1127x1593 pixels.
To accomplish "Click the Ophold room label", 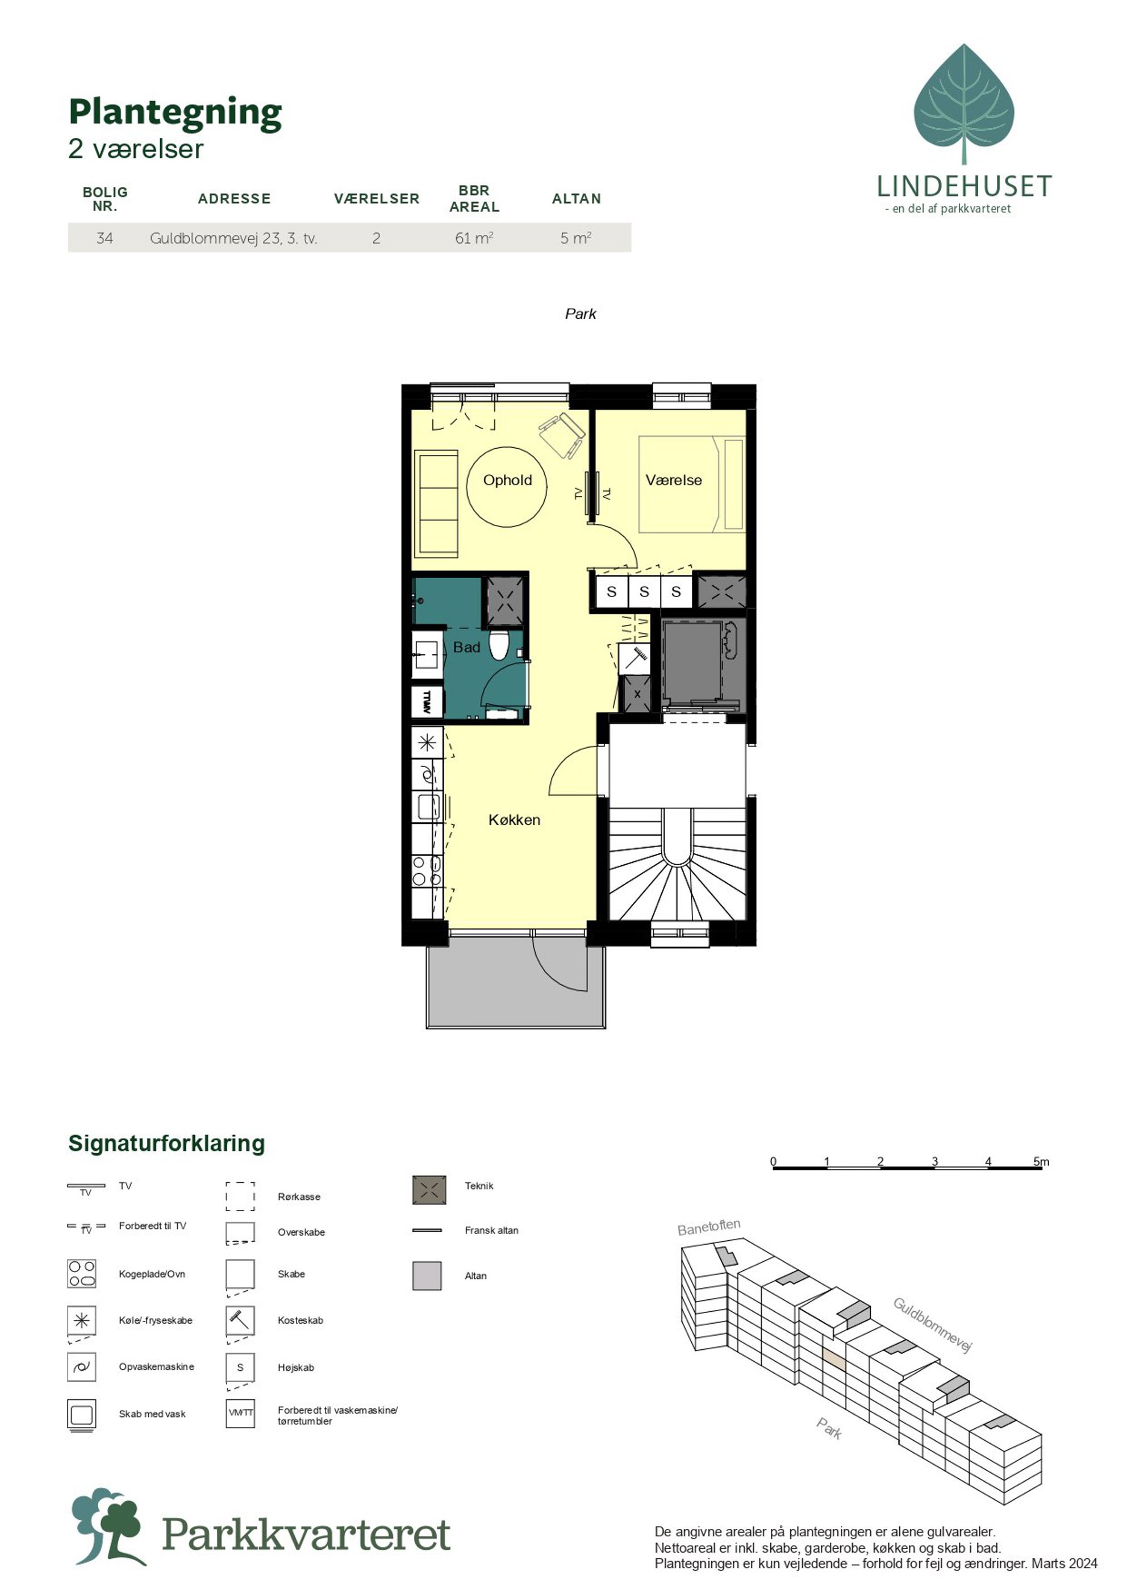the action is point(507,480).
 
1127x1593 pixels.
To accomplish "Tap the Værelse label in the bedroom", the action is point(673,480).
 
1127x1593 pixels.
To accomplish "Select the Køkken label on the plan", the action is point(514,820).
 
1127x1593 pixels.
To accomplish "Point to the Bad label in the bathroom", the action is point(466,647).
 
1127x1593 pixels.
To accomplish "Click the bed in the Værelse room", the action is point(691,484).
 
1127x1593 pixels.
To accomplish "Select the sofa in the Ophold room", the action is point(436,504).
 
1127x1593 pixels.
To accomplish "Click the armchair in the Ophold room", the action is point(562,435).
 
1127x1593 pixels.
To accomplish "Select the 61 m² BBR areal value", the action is point(474,238).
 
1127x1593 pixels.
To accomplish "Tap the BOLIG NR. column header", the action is point(105,198).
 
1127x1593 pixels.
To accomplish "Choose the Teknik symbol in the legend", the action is point(429,1190).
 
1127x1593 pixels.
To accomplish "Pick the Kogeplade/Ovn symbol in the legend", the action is point(81,1274).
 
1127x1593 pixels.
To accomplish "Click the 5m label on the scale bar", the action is point(1041,1161).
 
